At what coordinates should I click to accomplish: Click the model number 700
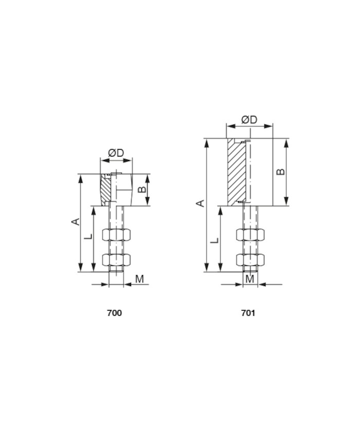[x=114, y=313]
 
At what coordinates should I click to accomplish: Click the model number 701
[x=248, y=313]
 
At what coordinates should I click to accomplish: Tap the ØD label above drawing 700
[x=116, y=153]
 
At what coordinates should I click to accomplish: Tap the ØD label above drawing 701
[x=249, y=120]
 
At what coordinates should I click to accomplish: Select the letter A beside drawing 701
[x=201, y=203]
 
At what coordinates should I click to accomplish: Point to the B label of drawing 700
[x=142, y=189]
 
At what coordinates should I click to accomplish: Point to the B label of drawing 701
[x=281, y=171]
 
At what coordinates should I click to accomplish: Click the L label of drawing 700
[x=89, y=236]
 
